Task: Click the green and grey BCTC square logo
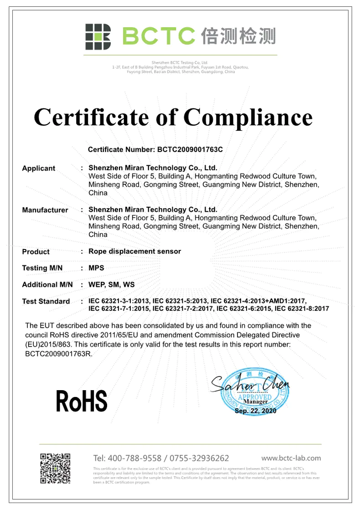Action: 98,37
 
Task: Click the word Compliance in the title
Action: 248,117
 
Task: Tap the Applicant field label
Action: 39,168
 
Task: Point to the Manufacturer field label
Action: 45,210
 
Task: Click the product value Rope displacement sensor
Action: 134,251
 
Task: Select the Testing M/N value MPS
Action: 96,268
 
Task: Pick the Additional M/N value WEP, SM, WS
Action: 111,285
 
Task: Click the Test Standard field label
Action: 46,301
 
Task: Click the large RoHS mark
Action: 82,401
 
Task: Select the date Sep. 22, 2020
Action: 255,411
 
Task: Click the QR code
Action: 55,468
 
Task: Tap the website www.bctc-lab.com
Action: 291,458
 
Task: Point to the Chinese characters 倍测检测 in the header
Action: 238,36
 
